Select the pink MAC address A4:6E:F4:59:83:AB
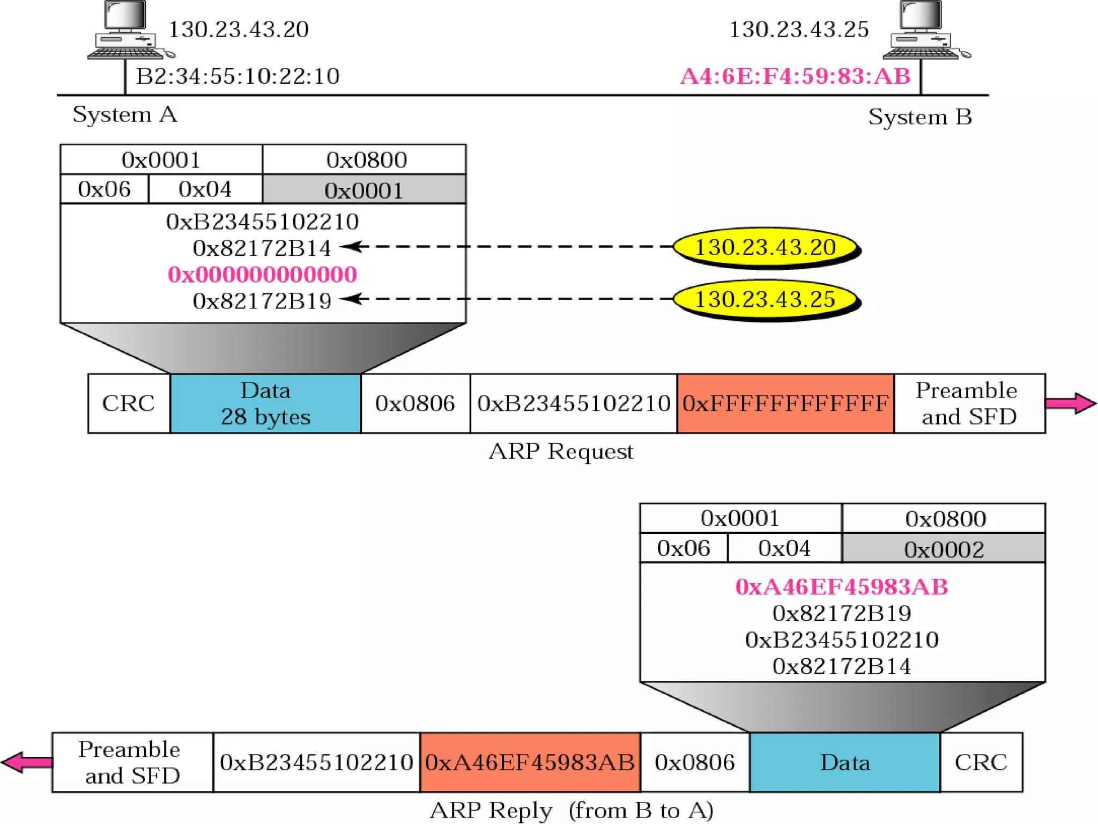coord(795,77)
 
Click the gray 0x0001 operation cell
coord(364,190)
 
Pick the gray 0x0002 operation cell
coord(944,549)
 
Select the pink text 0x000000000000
coord(262,275)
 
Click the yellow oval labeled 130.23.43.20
coord(766,247)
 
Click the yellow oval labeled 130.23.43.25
coord(766,299)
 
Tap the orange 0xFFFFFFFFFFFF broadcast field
coord(785,403)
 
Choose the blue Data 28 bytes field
coord(265,403)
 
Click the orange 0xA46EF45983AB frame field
coord(530,762)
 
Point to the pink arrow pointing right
coord(1070,403)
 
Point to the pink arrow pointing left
coord(27,762)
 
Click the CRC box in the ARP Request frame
coord(129,403)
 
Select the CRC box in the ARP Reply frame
coord(981,762)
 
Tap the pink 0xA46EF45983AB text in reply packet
coord(841,587)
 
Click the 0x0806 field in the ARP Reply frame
coord(695,762)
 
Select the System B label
coord(920,117)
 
